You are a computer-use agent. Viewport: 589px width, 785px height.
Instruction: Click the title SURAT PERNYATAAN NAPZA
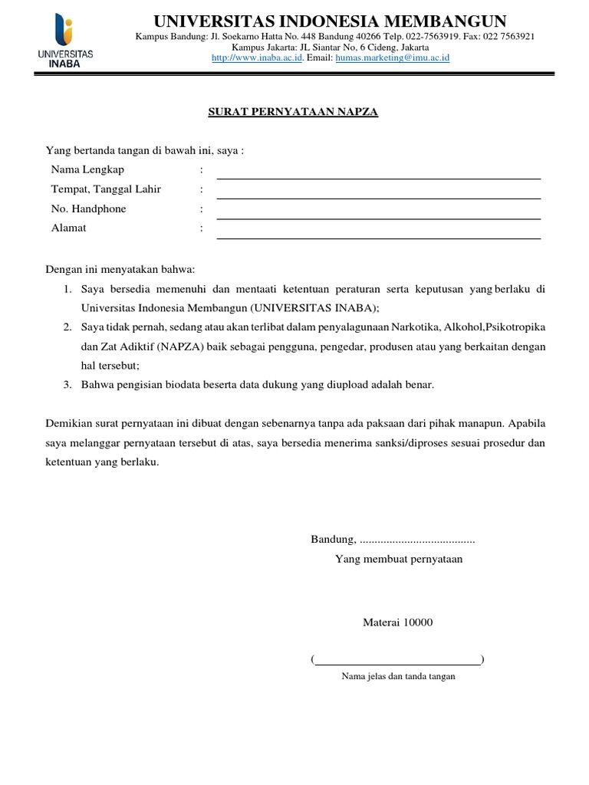coord(294,112)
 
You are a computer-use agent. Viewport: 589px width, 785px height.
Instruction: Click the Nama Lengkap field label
coord(87,169)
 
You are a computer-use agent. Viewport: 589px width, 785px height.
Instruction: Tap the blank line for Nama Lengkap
coord(378,177)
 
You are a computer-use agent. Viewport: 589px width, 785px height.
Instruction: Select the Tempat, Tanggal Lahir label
coord(106,189)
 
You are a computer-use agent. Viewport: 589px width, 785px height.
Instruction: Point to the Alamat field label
coord(69,228)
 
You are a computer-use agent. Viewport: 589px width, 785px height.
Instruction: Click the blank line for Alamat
coord(378,237)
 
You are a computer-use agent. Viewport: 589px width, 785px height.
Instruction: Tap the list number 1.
coord(67,289)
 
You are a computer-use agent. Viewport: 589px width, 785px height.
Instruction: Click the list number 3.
coord(67,385)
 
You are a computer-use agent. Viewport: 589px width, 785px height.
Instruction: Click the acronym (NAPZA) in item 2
coord(186,347)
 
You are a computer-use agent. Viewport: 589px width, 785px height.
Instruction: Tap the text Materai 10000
coord(397,622)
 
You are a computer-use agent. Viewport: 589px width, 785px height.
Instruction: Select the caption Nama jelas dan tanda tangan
coord(398,676)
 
